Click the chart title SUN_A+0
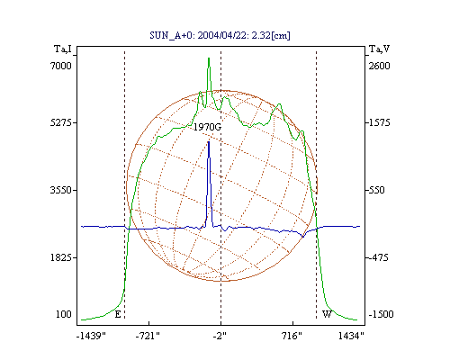point(170,36)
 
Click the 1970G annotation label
point(207,127)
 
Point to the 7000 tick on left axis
point(61,66)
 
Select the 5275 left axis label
point(61,122)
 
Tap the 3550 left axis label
point(61,190)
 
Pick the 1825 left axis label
point(61,257)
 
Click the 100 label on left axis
point(64,314)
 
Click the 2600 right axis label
point(380,66)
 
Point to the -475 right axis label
point(378,257)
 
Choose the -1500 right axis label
point(381,314)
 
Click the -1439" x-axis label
point(91,336)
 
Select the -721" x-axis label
point(148,336)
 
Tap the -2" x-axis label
point(220,336)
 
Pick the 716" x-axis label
point(292,336)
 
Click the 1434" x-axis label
point(351,336)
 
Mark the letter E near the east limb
point(118,314)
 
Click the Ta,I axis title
point(63,49)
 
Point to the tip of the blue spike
point(209,142)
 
